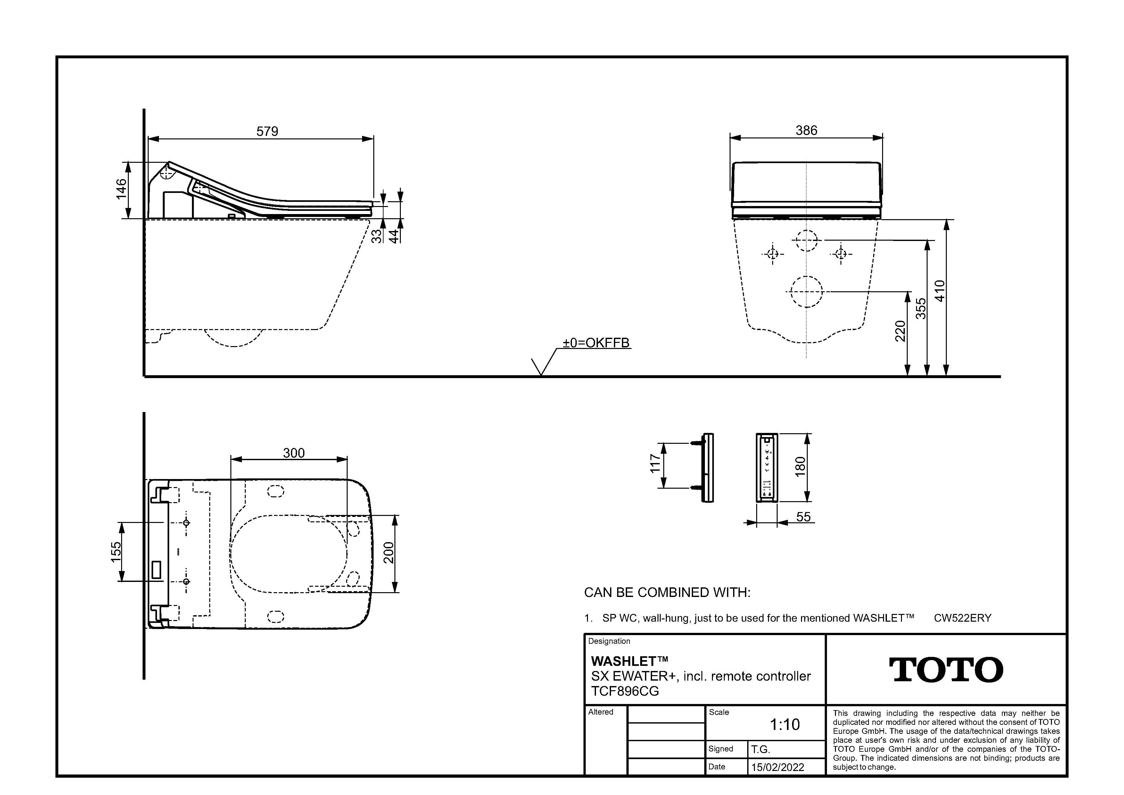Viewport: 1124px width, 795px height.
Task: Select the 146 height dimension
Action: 121,189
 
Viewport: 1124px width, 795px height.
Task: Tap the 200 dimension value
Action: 388,553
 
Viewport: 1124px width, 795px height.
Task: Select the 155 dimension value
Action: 116,552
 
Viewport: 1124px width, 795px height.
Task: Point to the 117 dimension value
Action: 655,464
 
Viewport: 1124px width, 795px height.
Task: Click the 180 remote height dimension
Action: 800,467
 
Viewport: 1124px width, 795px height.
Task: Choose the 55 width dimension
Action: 803,517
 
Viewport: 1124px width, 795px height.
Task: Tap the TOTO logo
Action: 946,670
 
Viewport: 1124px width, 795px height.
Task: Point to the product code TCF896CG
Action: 625,691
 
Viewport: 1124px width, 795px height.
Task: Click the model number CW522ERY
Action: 963,618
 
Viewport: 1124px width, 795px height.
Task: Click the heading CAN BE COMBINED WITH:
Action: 667,592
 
